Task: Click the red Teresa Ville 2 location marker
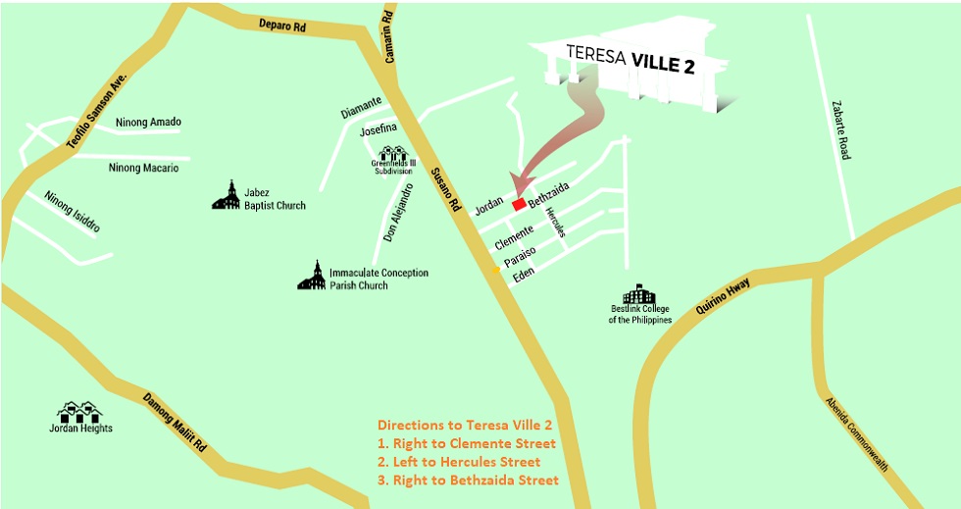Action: (519, 204)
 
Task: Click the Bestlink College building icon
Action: (639, 294)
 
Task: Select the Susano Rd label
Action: (444, 192)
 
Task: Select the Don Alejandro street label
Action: (398, 214)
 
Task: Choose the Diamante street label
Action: (361, 114)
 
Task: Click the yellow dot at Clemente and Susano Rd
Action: (496, 268)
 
